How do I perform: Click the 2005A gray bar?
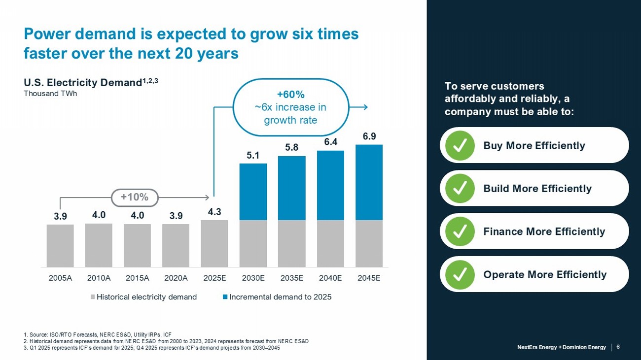pos(60,246)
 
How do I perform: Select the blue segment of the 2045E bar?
pos(369,182)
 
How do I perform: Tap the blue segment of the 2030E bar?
pos(253,192)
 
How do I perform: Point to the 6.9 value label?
pos(369,136)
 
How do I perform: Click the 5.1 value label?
pos(253,156)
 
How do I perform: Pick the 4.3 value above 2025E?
pos(214,212)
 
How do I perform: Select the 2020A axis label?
pos(176,278)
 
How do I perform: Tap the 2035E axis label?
pos(291,278)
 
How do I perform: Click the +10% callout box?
pos(135,197)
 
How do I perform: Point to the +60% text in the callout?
pos(291,94)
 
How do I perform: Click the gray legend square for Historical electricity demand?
pos(92,297)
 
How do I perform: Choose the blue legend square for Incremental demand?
pos(225,297)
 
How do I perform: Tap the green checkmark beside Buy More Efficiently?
pos(460,145)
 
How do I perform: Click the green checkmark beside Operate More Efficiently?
pos(460,275)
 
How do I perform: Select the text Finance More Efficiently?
pos(544,231)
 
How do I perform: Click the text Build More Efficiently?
pos(537,189)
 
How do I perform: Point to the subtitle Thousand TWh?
pos(50,94)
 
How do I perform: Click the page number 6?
pos(618,347)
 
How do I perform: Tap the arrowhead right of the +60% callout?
pos(365,107)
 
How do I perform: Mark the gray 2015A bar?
pos(138,245)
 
